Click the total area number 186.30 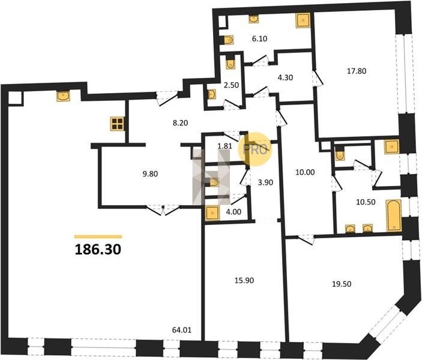point(98,250)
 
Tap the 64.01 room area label point(182,330)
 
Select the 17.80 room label point(357,71)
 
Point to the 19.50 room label point(342,284)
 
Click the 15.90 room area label point(244,280)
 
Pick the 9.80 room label point(150,174)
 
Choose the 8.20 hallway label point(180,123)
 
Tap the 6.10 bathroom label point(259,39)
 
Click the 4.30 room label point(285,78)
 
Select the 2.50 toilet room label point(231,85)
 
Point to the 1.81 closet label point(225,146)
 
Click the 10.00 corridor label point(305,172)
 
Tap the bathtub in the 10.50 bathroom point(394,215)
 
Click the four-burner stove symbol point(117,124)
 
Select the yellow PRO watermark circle point(255,149)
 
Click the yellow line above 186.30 point(98,237)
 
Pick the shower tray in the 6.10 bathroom point(303,20)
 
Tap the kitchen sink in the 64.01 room point(63,96)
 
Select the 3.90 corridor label point(265,182)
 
